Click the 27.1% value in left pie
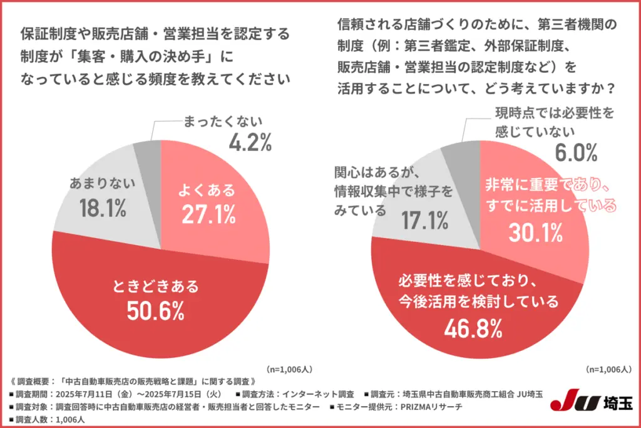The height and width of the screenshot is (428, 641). [x=208, y=214]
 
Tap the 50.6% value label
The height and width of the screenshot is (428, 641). [x=157, y=310]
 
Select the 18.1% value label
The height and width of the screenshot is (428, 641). [x=99, y=207]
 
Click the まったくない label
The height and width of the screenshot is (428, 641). [x=223, y=121]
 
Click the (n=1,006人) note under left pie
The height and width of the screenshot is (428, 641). [x=287, y=369]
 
